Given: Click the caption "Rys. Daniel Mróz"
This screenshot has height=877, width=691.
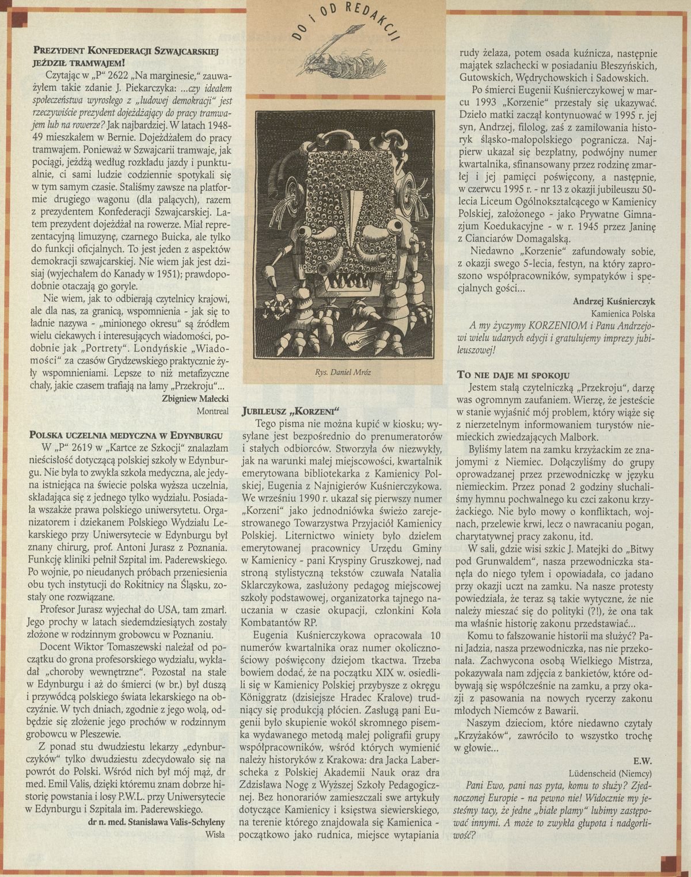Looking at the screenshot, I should coord(347,372).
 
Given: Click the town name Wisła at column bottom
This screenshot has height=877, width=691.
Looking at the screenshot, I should coord(216,833).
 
